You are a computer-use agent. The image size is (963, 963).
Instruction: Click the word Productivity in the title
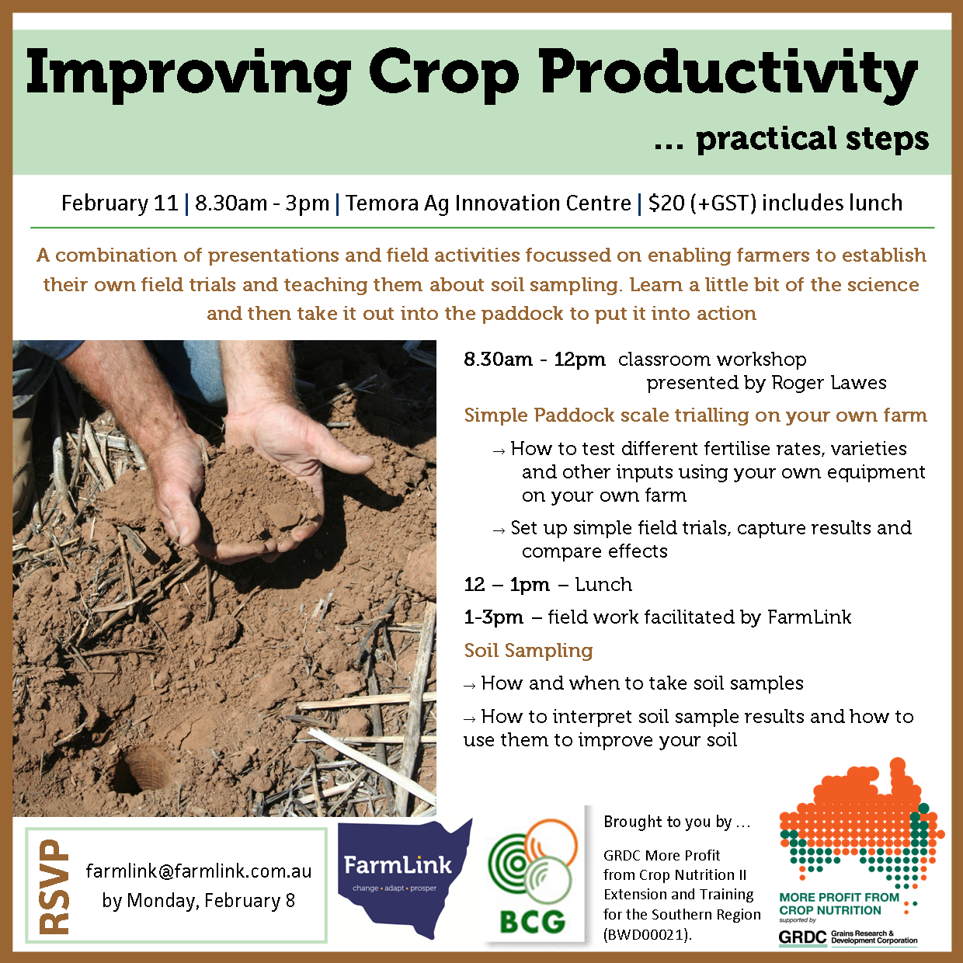[x=728, y=74]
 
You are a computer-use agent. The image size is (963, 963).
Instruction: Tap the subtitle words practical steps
[x=812, y=140]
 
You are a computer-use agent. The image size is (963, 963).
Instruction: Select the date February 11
[x=120, y=203]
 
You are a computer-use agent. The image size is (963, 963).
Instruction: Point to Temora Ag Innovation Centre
[x=488, y=203]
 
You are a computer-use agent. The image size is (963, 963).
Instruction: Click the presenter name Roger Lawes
[x=828, y=383]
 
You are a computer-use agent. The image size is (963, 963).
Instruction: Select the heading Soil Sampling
[x=528, y=650]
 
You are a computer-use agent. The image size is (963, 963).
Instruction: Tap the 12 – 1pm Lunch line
[x=548, y=584]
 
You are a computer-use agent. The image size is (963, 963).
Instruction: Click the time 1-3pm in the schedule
[x=493, y=617]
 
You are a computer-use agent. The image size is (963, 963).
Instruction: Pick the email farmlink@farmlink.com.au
[x=199, y=871]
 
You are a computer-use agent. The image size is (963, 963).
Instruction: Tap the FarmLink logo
[x=398, y=870]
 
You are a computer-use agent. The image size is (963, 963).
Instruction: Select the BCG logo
[x=533, y=878]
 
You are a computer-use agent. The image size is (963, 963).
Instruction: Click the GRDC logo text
[x=802, y=937]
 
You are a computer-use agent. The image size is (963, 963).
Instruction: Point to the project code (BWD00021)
[x=647, y=934]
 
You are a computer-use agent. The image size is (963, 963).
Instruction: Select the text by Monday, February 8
[x=199, y=901]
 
